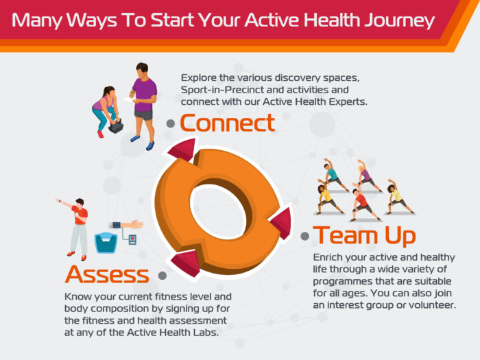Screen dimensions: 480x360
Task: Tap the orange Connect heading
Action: tap(227, 123)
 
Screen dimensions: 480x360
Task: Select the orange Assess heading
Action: tap(107, 274)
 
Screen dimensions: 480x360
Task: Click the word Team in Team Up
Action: tap(345, 235)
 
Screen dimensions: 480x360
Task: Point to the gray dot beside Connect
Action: tap(171, 123)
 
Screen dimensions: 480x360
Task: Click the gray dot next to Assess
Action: tap(163, 275)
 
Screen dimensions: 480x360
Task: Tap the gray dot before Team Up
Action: tap(305, 236)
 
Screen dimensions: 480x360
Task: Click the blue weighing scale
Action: tap(106, 243)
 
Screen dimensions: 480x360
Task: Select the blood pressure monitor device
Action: tap(132, 239)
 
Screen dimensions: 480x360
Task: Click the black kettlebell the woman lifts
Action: tap(116, 125)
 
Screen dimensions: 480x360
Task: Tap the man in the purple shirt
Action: tap(143, 106)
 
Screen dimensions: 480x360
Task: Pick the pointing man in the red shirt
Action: tap(75, 228)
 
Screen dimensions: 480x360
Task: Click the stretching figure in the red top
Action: tap(364, 202)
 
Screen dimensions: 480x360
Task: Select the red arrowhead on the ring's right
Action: tap(283, 223)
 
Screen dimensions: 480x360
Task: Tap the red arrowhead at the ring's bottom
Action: tap(185, 263)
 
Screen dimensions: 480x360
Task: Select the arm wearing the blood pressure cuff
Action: tap(126, 225)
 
